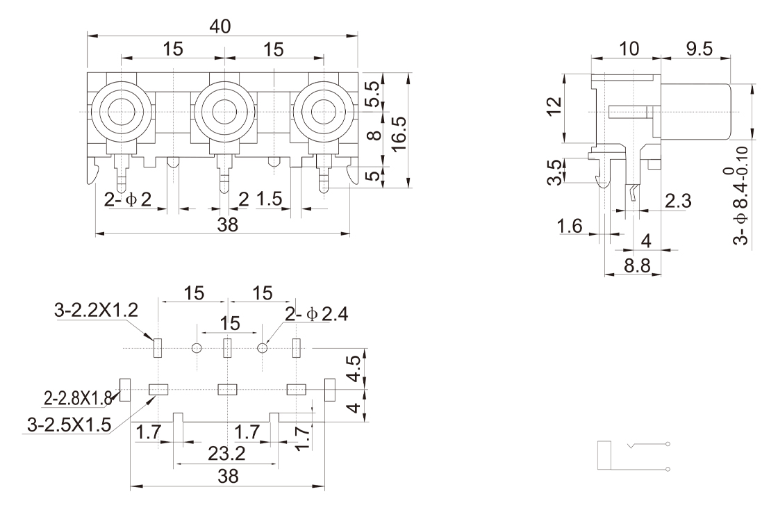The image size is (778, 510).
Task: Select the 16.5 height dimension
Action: (x=398, y=129)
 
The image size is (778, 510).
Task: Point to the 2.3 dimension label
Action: (x=677, y=201)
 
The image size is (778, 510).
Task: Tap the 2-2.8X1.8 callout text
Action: (x=77, y=398)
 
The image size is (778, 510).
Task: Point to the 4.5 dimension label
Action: (x=354, y=369)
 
